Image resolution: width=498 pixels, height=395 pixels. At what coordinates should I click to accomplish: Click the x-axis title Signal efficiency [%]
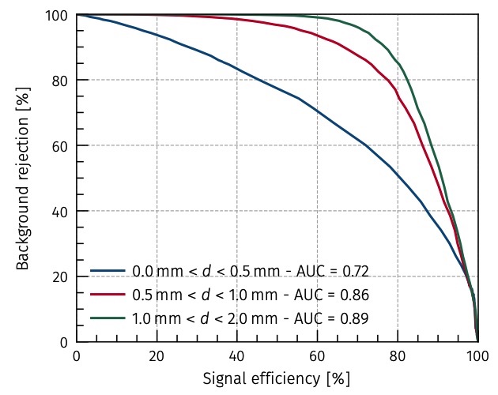click(277, 378)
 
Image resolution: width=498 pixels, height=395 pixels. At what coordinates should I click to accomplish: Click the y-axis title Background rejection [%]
click(24, 178)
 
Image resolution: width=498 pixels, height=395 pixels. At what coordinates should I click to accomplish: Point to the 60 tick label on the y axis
click(61, 145)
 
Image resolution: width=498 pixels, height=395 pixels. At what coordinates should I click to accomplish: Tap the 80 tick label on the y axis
click(61, 81)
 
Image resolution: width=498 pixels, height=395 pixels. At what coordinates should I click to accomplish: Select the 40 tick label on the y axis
click(61, 211)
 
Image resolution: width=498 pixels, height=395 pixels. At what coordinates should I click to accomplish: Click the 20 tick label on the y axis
click(61, 276)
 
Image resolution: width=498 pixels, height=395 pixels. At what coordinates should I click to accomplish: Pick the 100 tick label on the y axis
click(57, 15)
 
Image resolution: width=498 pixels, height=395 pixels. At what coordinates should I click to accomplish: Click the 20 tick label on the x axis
click(157, 355)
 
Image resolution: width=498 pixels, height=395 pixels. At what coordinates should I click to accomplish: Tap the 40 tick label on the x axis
click(237, 355)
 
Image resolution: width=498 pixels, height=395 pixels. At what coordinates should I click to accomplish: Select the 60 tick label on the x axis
click(317, 355)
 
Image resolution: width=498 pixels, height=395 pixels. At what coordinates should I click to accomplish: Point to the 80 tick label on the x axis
click(398, 355)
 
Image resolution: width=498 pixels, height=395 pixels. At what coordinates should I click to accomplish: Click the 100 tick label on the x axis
click(477, 355)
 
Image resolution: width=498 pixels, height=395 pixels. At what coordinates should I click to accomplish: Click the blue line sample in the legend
click(108, 271)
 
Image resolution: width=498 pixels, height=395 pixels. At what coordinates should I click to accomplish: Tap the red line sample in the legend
click(108, 295)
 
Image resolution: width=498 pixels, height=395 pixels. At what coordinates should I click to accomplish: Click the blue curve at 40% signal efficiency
click(237, 68)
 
